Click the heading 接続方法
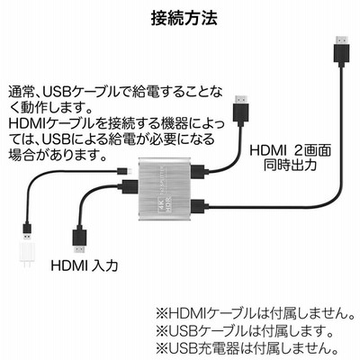[x=184, y=19]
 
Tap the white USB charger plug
[x=27, y=253]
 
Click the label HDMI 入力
[x=85, y=265]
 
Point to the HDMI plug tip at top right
[x=341, y=39]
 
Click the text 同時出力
[x=290, y=165]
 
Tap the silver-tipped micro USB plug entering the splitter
[x=126, y=171]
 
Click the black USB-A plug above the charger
[x=26, y=229]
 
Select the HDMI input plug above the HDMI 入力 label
[x=79, y=240]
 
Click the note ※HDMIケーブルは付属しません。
[x=256, y=314]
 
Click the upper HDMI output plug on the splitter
[x=200, y=172]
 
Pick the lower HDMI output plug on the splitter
[x=200, y=207]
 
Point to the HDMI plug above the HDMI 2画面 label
[x=240, y=110]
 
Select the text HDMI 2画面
[x=290, y=150]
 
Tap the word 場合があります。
[x=58, y=155]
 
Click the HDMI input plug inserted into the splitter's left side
[x=128, y=186]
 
